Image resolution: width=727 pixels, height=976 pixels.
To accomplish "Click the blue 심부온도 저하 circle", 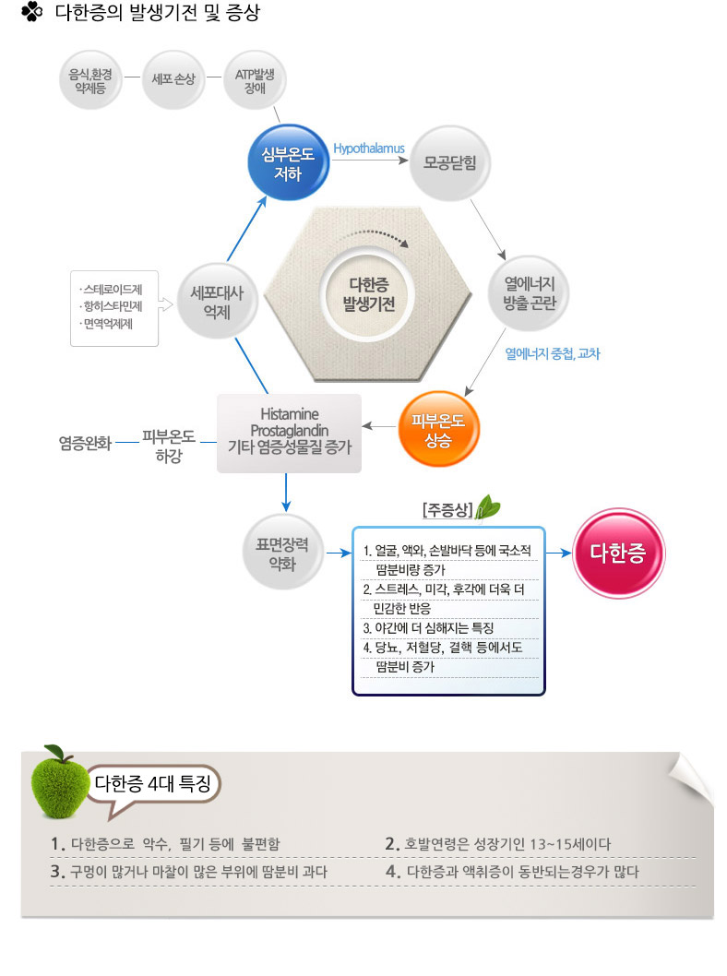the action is coord(288,162).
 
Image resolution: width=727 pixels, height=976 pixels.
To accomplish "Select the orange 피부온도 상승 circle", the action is coord(438,430).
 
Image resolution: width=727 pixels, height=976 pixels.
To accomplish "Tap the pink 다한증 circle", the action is coord(618,553).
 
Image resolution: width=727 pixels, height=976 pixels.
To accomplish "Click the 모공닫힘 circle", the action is coord(449,163).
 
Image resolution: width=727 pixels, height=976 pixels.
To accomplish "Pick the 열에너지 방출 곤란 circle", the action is coord(529,293).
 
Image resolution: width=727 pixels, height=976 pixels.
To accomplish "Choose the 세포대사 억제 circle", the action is coord(217,302).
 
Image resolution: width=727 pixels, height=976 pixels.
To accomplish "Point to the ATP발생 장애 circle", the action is coord(255,80).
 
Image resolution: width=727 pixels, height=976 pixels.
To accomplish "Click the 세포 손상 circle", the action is coord(173,79).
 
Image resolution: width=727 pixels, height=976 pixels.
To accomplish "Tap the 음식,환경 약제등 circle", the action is coord(90,80).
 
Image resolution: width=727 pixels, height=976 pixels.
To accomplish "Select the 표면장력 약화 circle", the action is coord(282,553).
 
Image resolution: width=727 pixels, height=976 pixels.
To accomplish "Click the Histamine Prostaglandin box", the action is coord(289,434).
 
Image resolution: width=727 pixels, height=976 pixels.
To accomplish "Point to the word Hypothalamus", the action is coord(369,149).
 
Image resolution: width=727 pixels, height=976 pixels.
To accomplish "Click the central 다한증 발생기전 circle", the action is coord(368,294).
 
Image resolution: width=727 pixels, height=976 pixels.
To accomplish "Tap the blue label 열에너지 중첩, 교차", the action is coord(552,353).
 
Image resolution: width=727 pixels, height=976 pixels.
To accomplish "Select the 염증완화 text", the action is coord(85,443).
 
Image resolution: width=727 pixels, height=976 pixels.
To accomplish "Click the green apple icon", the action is coord(61,781).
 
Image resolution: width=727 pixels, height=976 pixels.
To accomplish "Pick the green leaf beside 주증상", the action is coord(488,506).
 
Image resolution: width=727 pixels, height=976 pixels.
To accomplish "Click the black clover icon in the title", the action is coord(31,12).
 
